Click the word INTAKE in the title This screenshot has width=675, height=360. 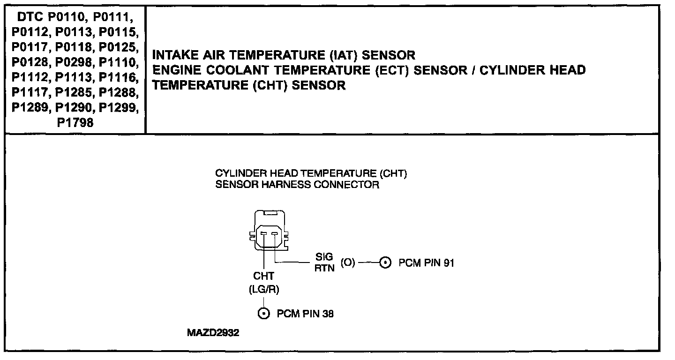(x=172, y=55)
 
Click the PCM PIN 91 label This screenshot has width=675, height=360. (x=426, y=263)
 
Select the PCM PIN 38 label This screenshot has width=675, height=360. (x=305, y=314)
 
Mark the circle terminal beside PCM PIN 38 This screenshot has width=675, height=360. (x=264, y=314)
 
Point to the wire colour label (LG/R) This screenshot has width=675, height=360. (x=264, y=290)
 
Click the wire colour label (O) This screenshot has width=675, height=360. (x=348, y=262)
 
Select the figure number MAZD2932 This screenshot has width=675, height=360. (x=213, y=333)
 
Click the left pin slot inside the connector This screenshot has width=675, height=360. (x=264, y=233)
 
